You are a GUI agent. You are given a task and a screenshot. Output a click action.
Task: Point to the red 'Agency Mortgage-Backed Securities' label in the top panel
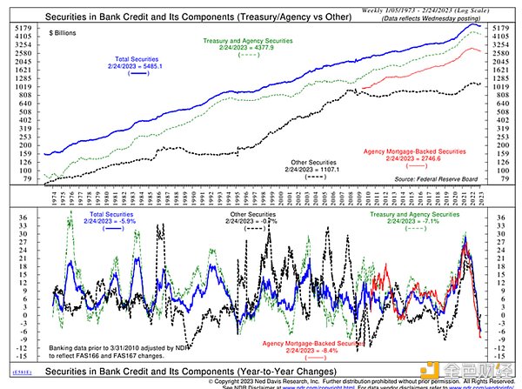click(421, 150)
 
